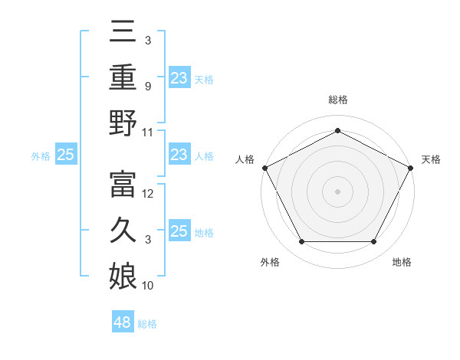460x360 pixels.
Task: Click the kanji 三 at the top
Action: coord(123,32)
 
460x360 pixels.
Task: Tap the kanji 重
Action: coord(123,77)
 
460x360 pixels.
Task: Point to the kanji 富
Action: coord(123,183)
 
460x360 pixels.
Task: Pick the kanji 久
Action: coord(123,229)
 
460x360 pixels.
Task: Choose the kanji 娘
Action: coord(123,274)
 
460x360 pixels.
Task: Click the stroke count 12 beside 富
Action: coord(149,194)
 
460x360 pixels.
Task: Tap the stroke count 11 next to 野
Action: coord(148,133)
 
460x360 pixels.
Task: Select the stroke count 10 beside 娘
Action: coord(148,285)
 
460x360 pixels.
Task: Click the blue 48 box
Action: coord(123,322)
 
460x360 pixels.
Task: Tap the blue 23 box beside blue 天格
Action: coord(179,78)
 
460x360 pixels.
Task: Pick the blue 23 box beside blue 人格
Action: coord(179,155)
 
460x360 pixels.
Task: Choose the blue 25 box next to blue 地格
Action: coord(179,231)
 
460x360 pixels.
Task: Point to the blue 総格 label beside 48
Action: coord(147,324)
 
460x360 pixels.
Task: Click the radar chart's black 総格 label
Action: coord(338,100)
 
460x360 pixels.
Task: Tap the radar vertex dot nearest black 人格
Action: coord(264,167)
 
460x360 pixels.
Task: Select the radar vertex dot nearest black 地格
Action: coord(374,242)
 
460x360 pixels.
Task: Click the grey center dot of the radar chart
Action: coord(337,191)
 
